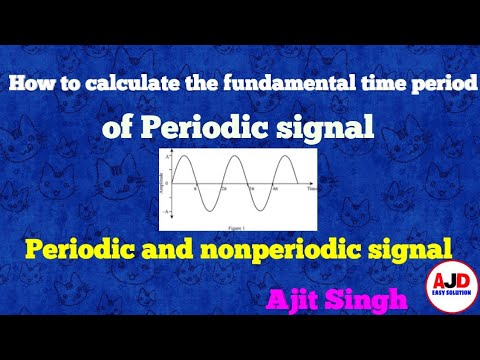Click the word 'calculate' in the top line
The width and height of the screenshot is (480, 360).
(129, 88)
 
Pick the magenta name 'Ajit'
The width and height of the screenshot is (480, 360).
(295, 299)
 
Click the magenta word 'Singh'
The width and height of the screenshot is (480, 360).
(368, 299)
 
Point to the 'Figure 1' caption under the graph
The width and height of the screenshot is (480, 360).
(238, 216)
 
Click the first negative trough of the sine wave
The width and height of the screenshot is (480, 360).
(208, 209)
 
